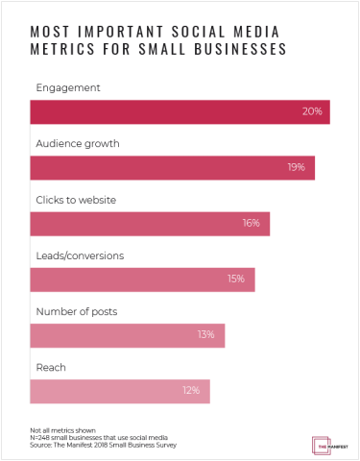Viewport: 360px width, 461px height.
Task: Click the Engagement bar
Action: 180,111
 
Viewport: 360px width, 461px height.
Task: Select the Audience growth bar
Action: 173,167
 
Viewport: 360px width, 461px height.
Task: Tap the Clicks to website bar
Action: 150,223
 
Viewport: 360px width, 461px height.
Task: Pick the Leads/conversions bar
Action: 142,279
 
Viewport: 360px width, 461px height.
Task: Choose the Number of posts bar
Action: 128,335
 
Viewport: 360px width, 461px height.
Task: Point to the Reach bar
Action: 120,391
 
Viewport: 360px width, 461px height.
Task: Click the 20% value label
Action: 311,112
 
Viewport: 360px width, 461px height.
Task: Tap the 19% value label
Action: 296,168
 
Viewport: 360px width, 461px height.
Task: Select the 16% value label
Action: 251,224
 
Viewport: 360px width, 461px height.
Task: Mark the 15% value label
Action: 236,279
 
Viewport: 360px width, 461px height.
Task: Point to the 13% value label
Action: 205,335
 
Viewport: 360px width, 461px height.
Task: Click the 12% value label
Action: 190,391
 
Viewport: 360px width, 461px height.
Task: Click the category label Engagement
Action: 67,86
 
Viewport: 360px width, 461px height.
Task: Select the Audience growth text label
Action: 77,143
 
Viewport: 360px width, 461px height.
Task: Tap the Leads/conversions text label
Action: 80,255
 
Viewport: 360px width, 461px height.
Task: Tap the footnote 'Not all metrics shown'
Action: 58,431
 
